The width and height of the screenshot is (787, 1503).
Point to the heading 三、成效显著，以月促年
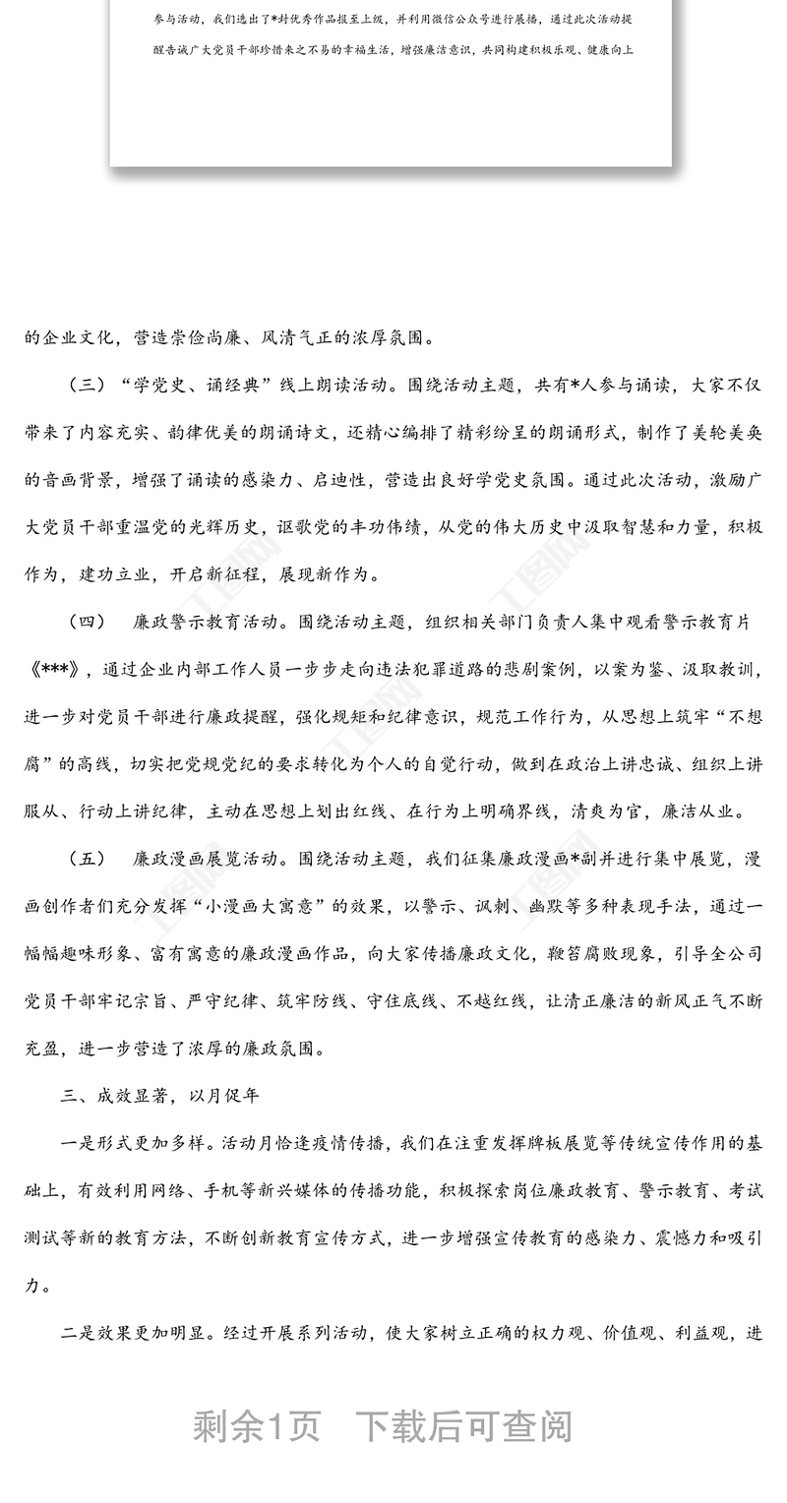tap(159, 1095)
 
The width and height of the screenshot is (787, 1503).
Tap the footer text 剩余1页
tap(257, 1425)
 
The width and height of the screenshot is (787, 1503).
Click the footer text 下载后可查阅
tap(463, 1425)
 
